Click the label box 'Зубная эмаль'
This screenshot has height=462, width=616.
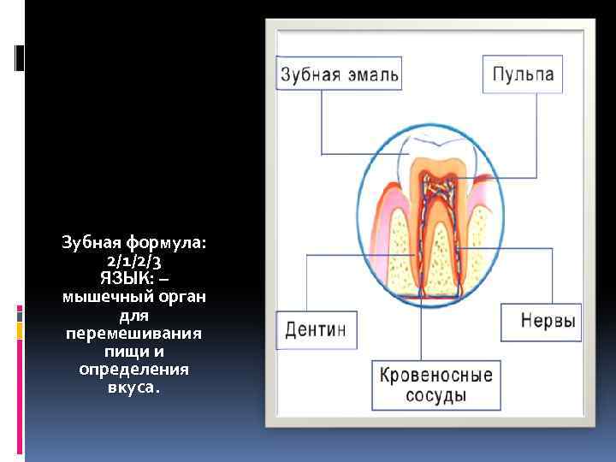click(339, 74)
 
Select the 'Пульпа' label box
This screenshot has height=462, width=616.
click(523, 74)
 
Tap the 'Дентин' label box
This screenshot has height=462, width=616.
click(315, 330)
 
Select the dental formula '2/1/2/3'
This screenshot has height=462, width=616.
click(133, 261)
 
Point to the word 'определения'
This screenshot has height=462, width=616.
click(133, 369)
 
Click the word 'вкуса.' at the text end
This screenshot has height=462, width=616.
click(133, 387)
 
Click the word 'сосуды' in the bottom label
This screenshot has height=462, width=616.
click(435, 396)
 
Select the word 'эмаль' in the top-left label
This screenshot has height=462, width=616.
click(370, 74)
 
